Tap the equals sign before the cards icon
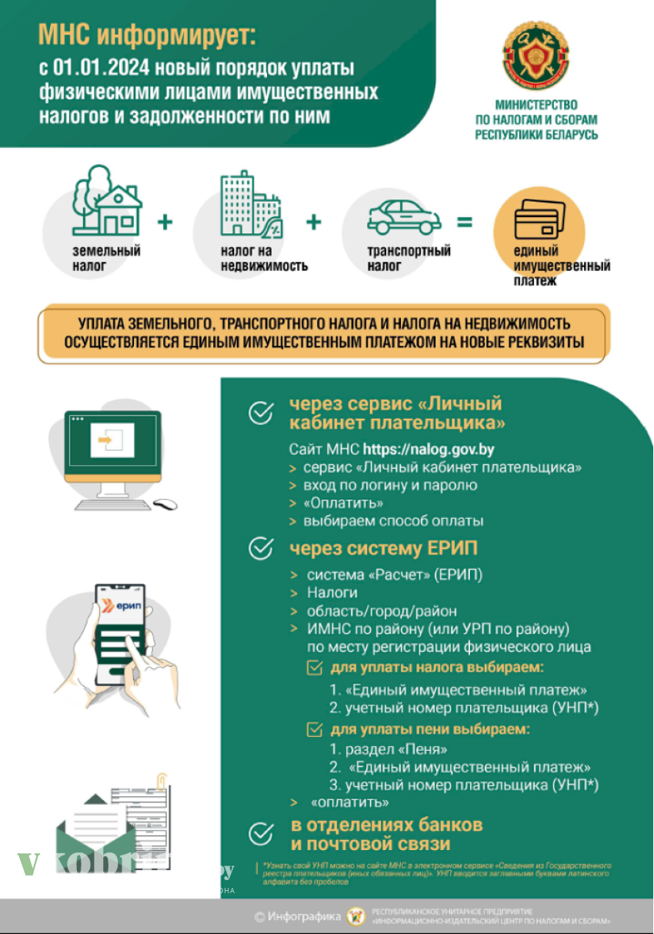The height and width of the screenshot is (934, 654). coord(464,223)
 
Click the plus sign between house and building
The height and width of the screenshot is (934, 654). coord(165,223)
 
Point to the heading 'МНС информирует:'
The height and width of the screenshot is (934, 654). coord(145,35)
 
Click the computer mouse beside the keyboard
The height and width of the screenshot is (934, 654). coord(165,504)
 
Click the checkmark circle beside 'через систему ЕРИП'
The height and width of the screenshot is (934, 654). coord(262,548)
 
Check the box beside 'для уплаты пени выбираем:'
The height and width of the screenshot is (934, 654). coord(315,729)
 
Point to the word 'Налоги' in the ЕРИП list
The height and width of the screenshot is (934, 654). coord(332,592)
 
